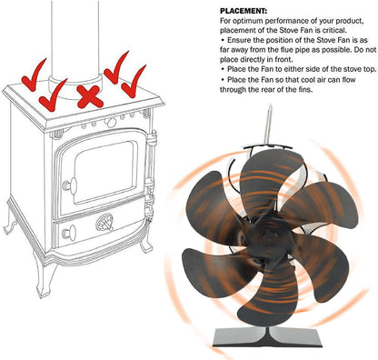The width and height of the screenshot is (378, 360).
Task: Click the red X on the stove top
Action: point(88,95)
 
